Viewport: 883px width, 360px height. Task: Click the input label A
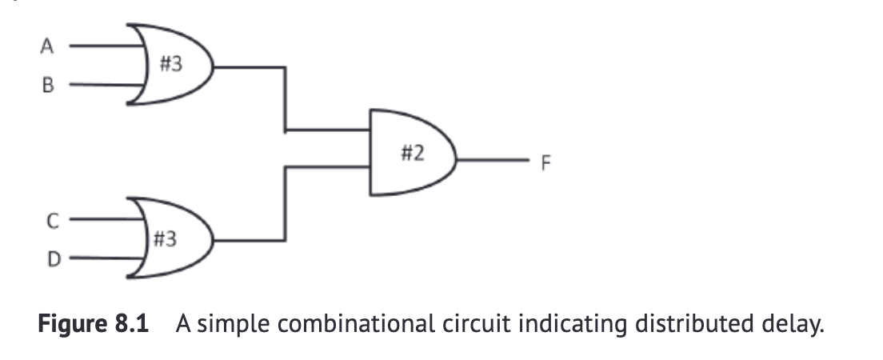click(x=46, y=46)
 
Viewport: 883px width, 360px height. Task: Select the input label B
click(x=46, y=86)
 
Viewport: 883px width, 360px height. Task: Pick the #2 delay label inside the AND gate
click(x=412, y=153)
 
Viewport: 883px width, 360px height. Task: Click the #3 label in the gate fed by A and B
click(x=170, y=64)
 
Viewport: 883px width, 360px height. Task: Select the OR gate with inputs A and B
click(x=172, y=66)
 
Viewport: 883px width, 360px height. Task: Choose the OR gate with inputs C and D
click(x=172, y=238)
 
